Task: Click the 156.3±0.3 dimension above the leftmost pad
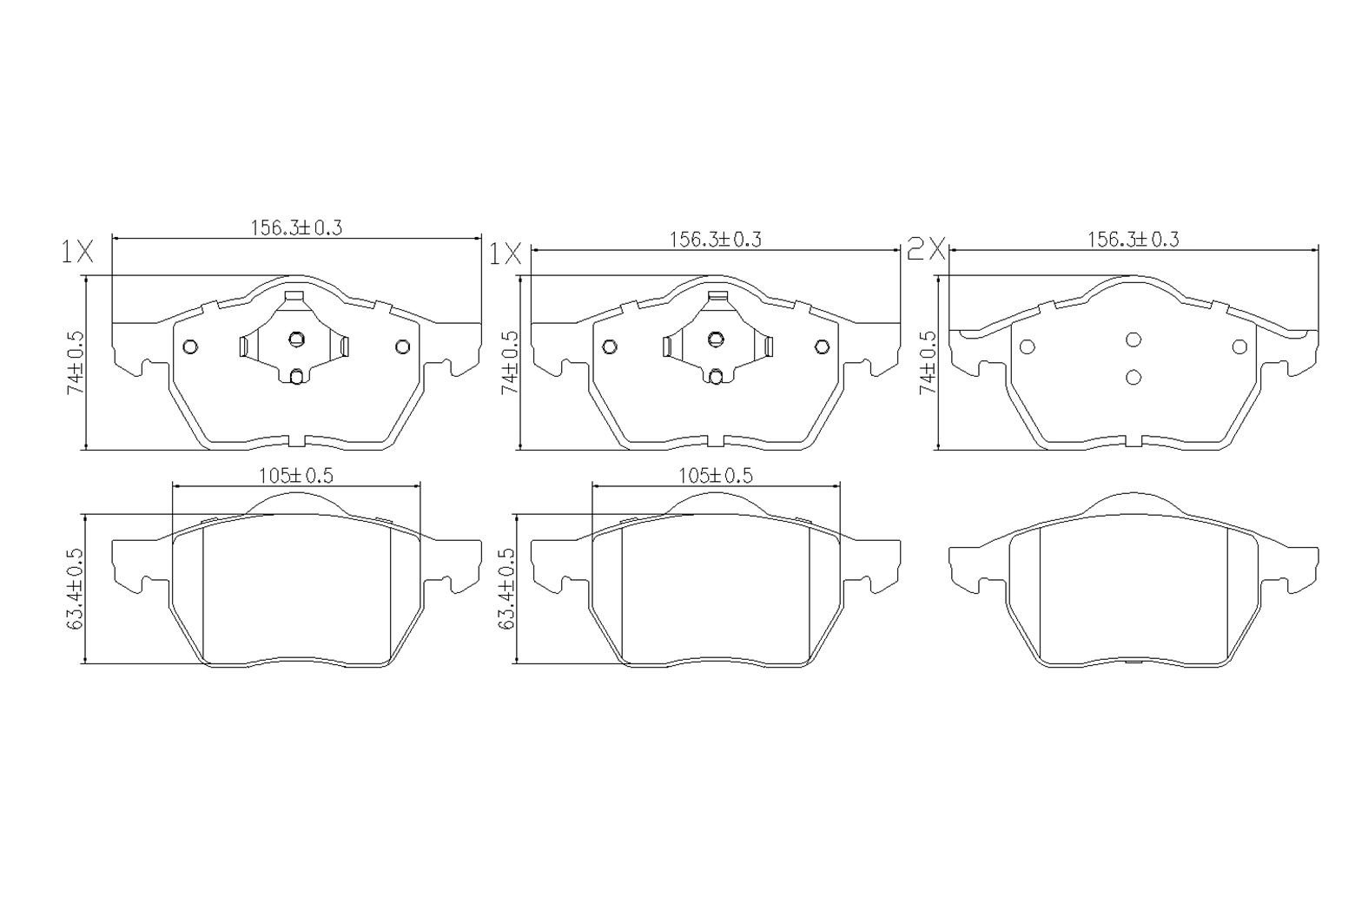[x=296, y=228]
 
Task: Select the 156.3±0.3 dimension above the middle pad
[x=715, y=241]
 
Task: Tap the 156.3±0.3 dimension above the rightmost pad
[x=1134, y=240]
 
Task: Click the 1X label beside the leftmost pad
[x=77, y=252]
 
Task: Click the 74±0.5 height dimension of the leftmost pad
[x=76, y=363]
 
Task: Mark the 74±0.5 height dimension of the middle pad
[x=510, y=363]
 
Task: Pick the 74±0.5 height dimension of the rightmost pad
[x=927, y=363]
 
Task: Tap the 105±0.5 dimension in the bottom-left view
[x=296, y=476]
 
